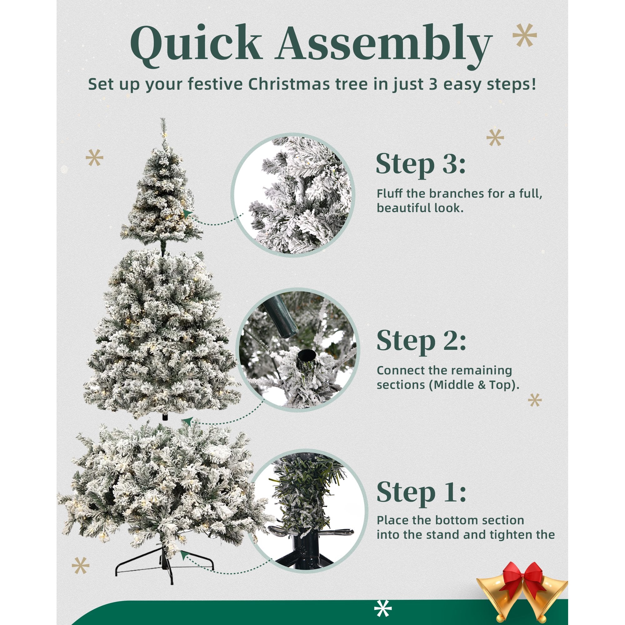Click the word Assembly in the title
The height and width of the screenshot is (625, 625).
(384, 45)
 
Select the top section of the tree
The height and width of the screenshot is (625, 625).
(162, 187)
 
